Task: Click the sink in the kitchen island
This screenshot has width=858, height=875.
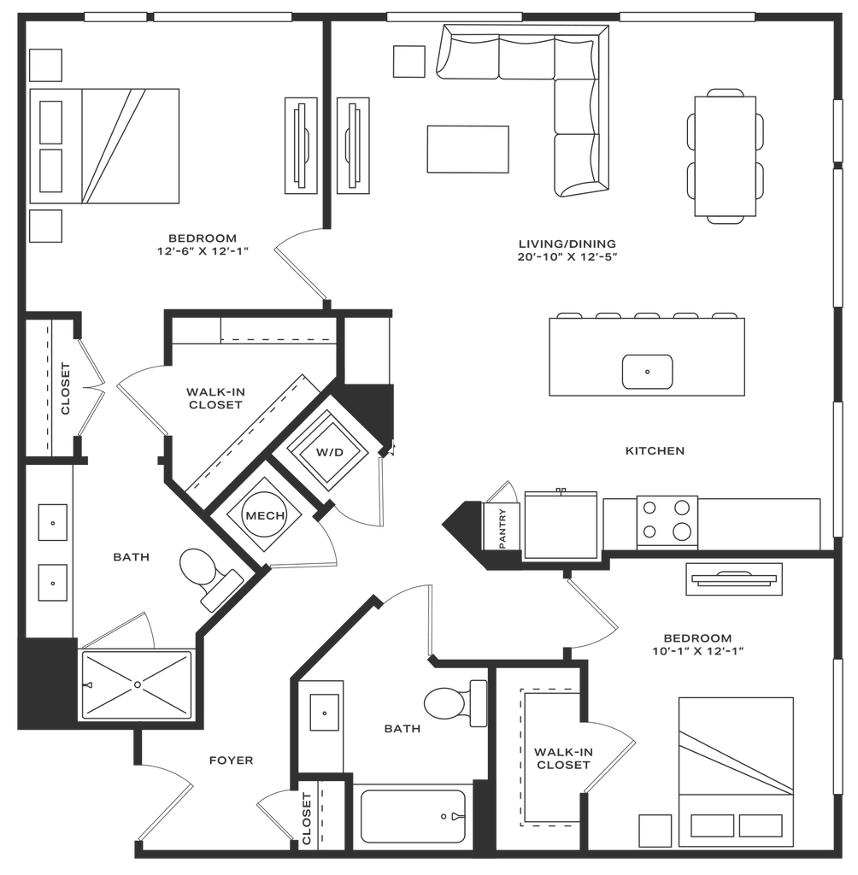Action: (647, 371)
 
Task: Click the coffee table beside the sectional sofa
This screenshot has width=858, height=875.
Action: (468, 149)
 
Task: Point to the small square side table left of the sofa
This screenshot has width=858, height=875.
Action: (408, 61)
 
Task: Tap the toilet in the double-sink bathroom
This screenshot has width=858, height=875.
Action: (198, 567)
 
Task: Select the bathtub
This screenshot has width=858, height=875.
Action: (414, 815)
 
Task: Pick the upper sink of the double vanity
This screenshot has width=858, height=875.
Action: (53, 521)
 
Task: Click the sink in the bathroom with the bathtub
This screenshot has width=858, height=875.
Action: (326, 709)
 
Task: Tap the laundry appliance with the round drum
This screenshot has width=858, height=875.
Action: (262, 515)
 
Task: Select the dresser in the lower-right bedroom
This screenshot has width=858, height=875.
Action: (733, 579)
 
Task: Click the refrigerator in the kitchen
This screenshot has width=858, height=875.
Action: (561, 524)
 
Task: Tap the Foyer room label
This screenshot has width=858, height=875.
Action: (231, 760)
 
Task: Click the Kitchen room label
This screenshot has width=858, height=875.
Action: (655, 450)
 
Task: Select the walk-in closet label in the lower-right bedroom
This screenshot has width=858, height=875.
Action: (561, 759)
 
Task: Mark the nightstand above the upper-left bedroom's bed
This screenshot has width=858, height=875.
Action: (47, 65)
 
